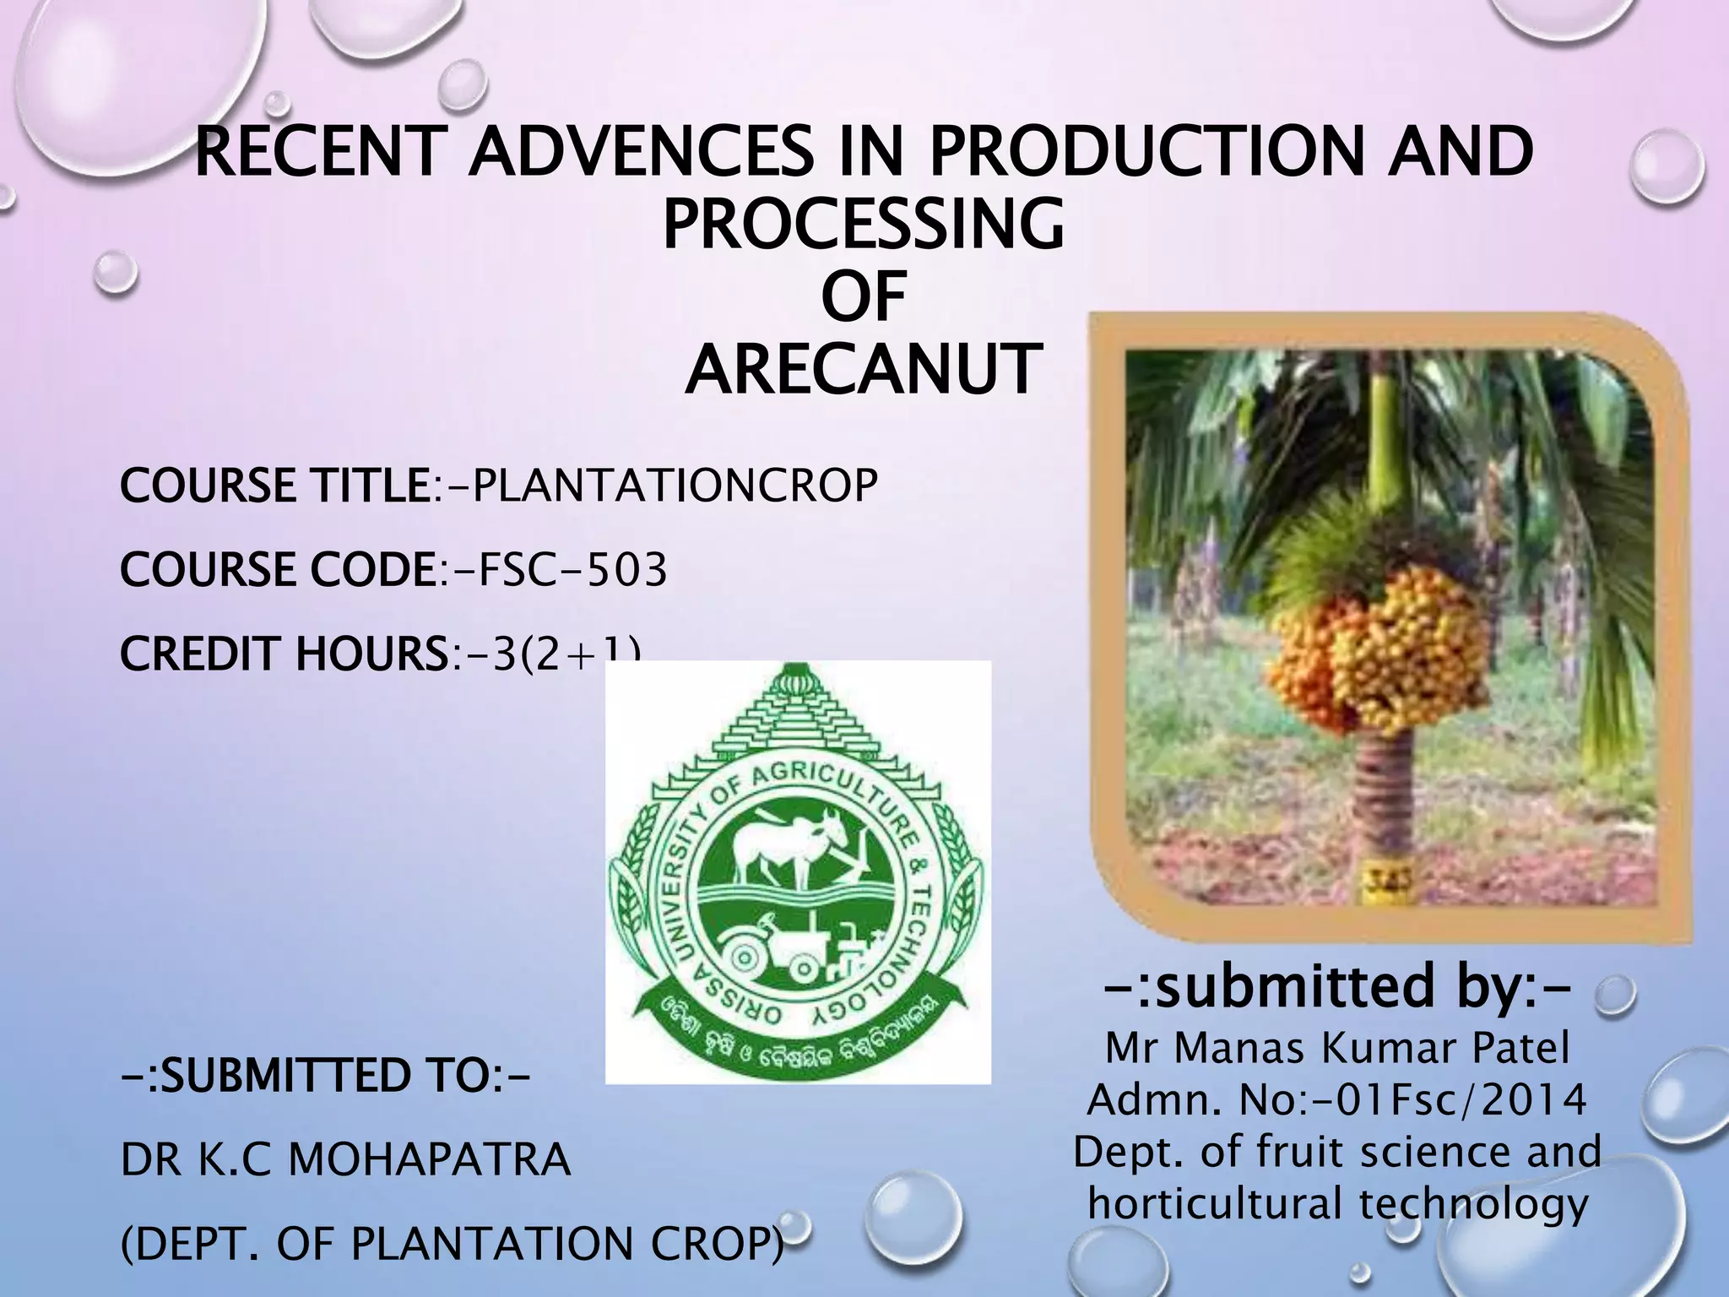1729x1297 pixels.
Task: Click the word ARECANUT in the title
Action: coord(859,369)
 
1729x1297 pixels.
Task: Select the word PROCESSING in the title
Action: coord(862,225)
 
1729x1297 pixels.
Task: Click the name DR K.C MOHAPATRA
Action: coord(346,1160)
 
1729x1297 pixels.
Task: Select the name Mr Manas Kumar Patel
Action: coord(1337,1050)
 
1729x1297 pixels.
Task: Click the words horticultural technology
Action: coord(1337,1203)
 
